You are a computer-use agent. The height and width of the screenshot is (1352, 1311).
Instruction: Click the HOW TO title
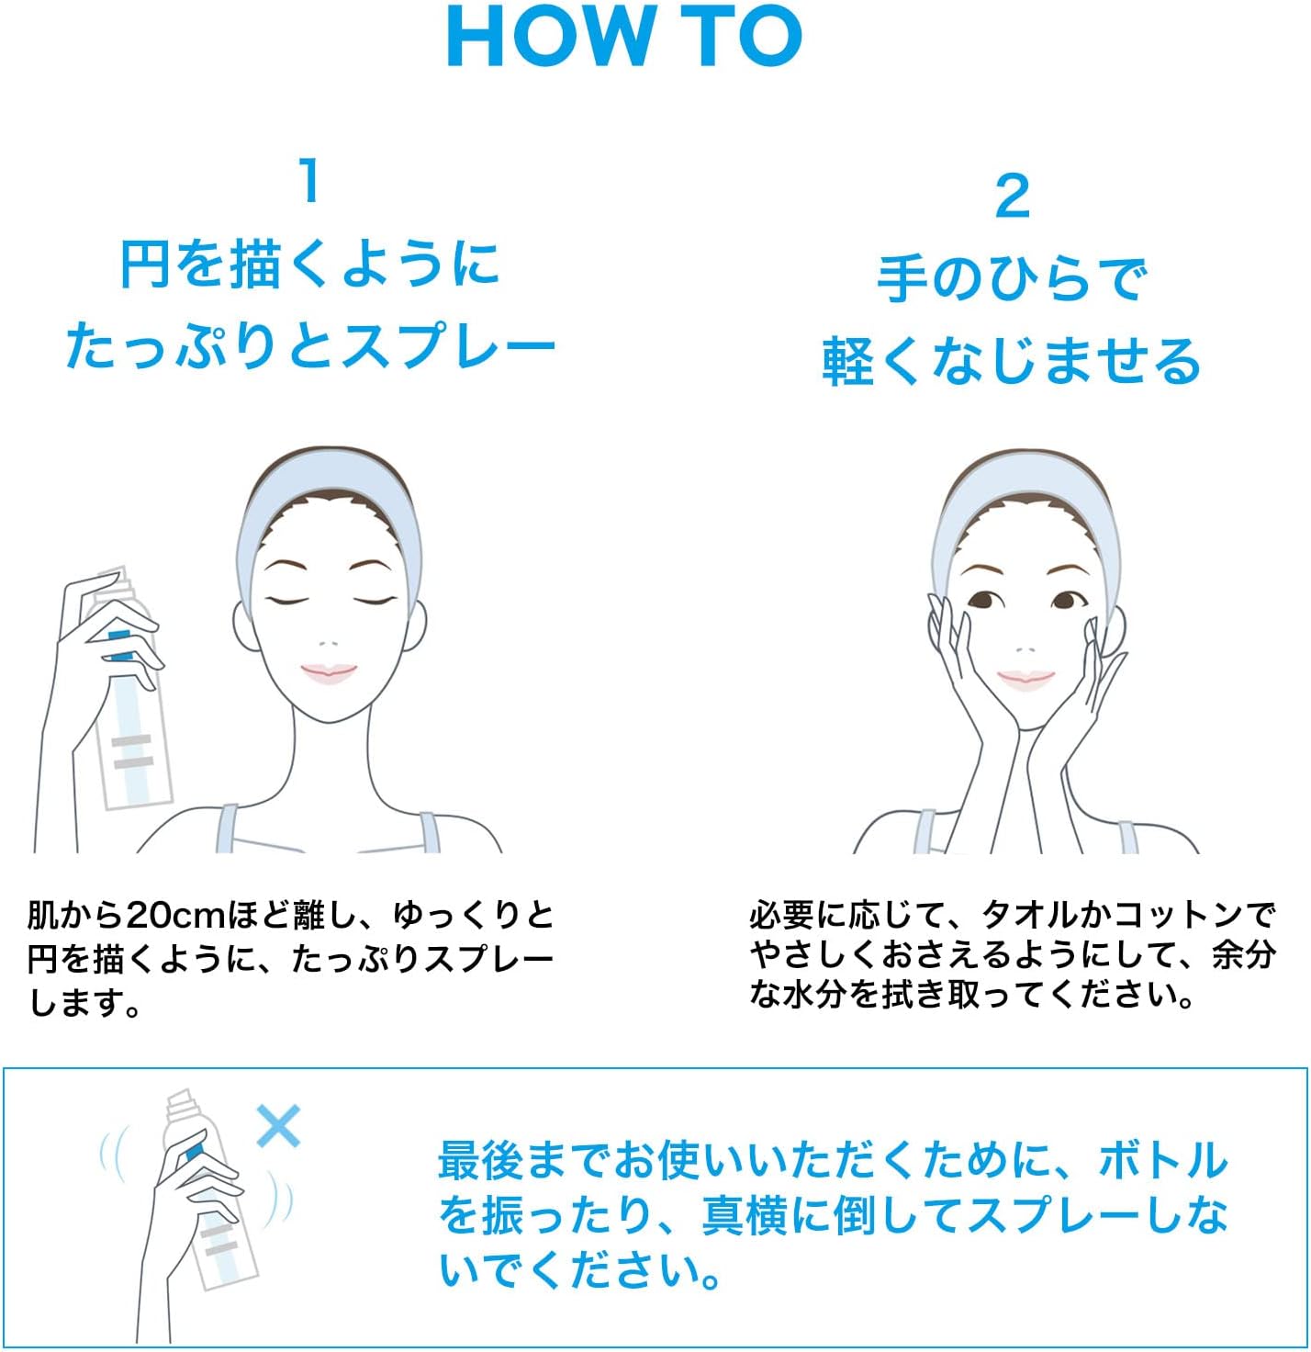(624, 37)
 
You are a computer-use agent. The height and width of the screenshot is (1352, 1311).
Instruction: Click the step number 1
(310, 181)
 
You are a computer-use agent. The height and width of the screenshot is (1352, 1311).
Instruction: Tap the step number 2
(1012, 197)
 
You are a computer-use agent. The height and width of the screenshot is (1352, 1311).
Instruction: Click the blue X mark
(278, 1126)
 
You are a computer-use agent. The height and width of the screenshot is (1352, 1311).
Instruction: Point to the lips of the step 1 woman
(328, 673)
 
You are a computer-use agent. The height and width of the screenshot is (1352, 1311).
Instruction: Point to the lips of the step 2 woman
(1025, 679)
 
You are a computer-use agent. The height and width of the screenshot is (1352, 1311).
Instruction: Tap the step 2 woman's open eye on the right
(1065, 602)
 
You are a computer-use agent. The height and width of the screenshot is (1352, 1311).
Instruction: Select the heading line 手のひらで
(1012, 279)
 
